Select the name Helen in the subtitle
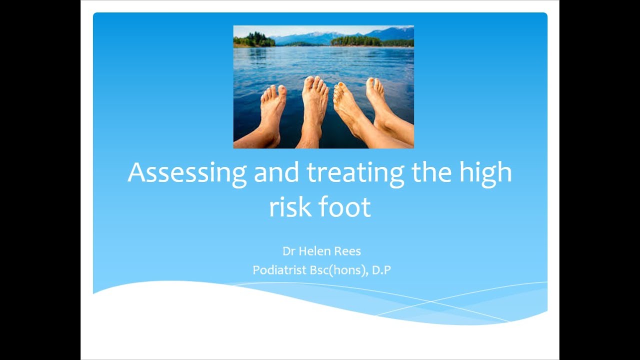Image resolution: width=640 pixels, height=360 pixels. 314,251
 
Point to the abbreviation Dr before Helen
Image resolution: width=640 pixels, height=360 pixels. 287,251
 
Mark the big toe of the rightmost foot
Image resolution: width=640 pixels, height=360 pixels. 370,84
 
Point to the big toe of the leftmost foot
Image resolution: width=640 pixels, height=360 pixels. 282,91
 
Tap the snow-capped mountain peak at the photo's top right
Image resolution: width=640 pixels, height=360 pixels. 395,31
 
